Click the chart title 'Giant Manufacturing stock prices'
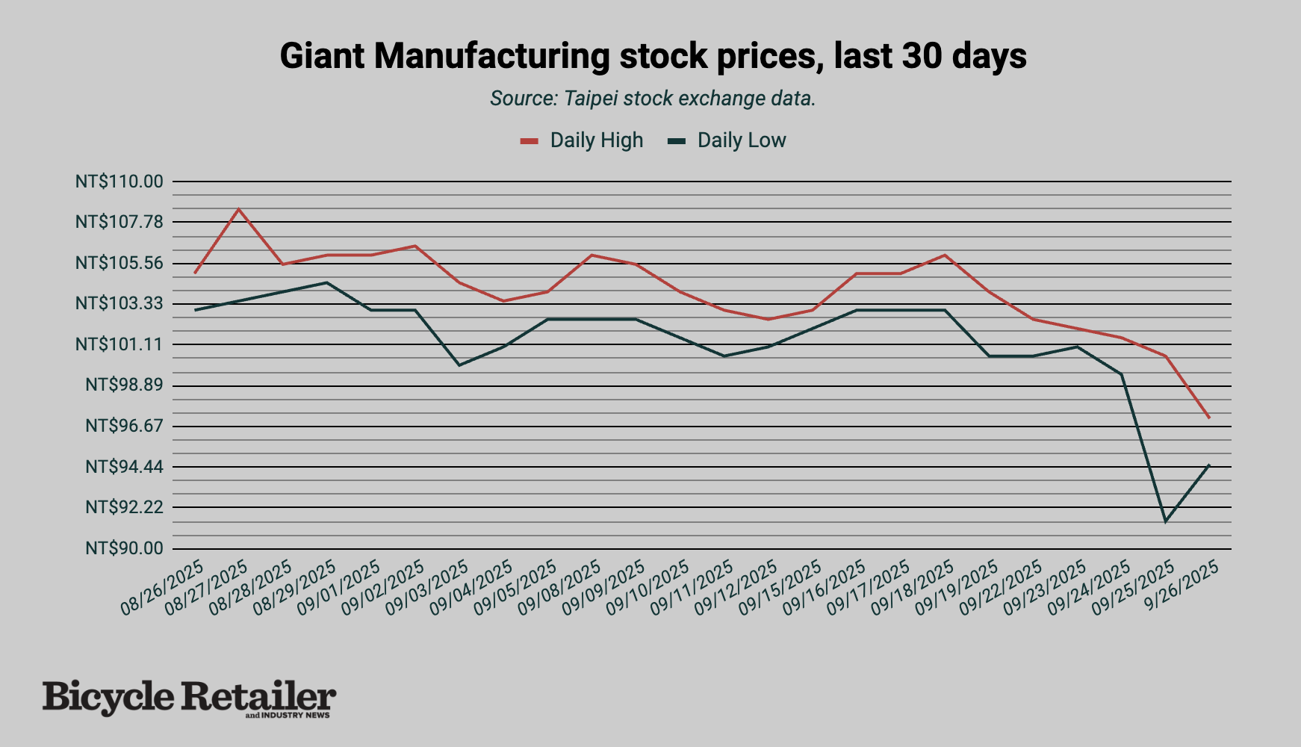(x=653, y=56)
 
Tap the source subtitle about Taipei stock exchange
(x=653, y=99)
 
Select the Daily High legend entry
(x=583, y=140)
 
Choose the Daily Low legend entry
(x=728, y=140)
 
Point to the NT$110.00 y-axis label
(x=119, y=182)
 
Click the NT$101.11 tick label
(x=119, y=344)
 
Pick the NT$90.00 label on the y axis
(x=124, y=548)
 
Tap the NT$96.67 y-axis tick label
(x=124, y=426)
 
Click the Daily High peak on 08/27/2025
(x=238, y=209)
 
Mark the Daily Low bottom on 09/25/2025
(x=1165, y=521)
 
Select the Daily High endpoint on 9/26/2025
(x=1208, y=417)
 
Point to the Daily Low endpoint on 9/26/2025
(x=1208, y=465)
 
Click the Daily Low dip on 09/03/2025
(x=459, y=365)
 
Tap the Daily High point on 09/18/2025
(x=945, y=255)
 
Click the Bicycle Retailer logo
(x=189, y=698)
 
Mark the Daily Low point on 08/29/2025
(x=326, y=282)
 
